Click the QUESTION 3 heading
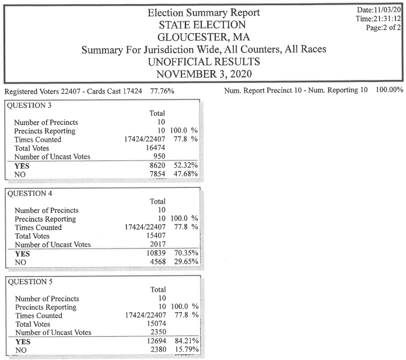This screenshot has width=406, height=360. coord(29,105)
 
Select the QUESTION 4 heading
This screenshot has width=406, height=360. coord(29,193)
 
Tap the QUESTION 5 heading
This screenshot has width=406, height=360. coord(29,282)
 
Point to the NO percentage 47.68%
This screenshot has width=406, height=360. coord(186,174)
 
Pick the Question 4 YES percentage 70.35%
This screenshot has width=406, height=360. coord(186,253)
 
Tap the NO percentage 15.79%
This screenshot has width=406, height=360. coord(186,350)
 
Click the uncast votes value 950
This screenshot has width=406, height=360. coord(158,156)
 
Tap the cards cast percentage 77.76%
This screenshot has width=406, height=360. coord(162,91)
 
